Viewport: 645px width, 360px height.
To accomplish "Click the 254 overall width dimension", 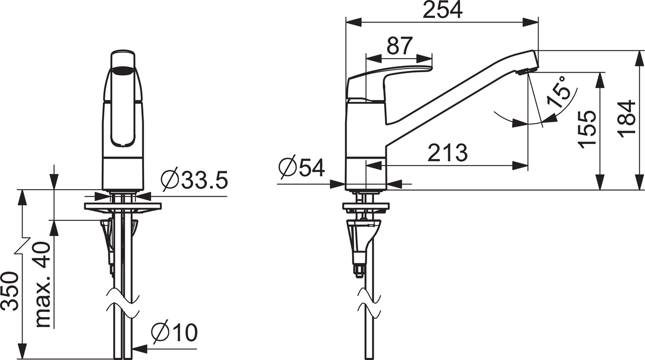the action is point(442,10).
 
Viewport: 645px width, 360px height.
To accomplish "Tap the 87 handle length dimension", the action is point(400,46).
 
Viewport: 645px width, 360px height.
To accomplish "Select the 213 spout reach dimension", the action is point(448,153).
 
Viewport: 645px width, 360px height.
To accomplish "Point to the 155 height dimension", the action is point(587,129).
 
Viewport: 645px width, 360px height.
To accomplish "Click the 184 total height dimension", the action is point(627,119).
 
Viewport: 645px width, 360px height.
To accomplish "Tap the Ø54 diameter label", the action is point(302,167).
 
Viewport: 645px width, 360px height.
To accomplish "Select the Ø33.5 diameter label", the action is point(195,180).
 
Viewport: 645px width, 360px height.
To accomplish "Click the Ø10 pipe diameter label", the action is point(175,332).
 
